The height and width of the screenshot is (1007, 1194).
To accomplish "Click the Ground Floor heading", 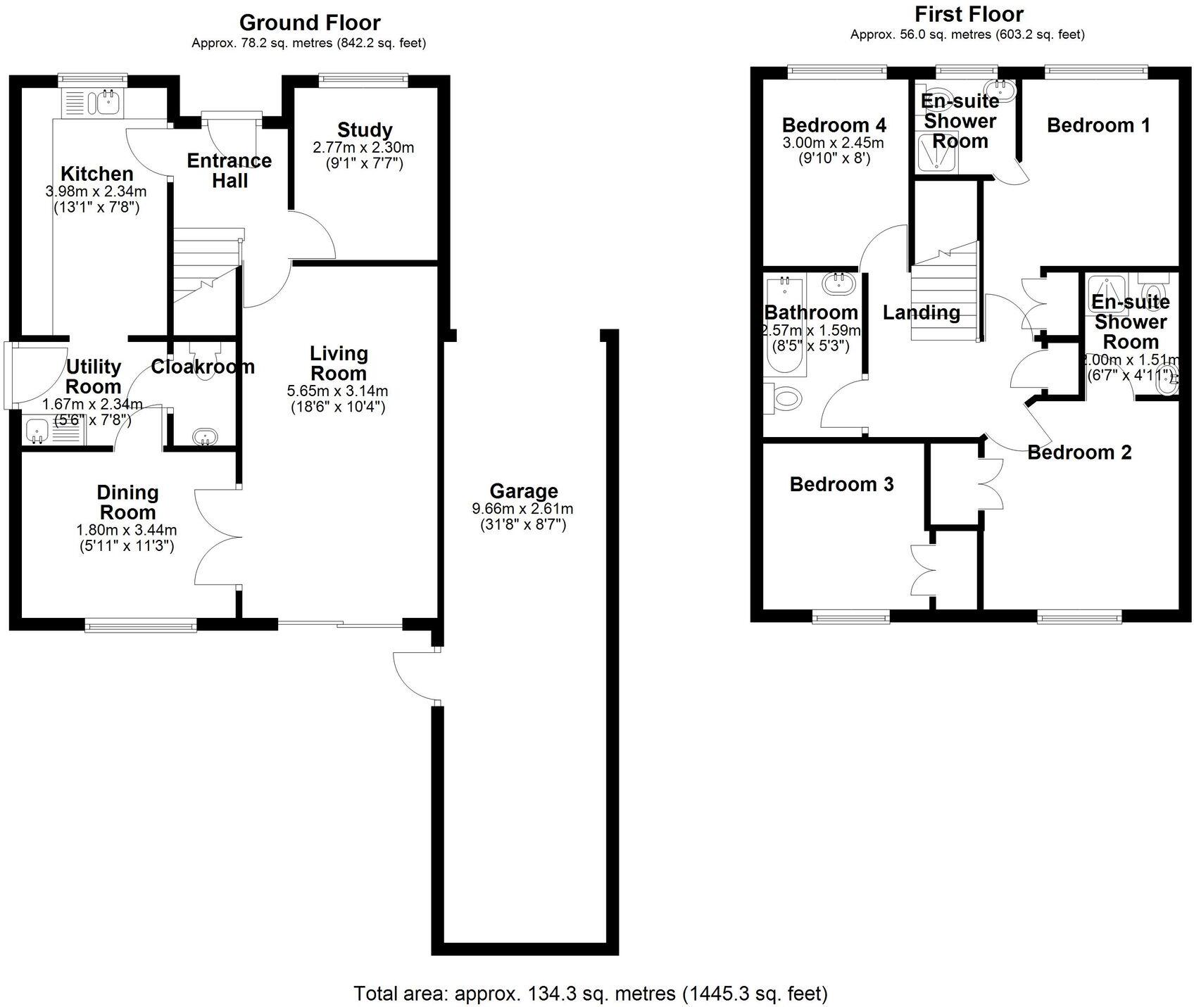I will (x=310, y=23).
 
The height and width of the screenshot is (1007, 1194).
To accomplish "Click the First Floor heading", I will (x=969, y=14).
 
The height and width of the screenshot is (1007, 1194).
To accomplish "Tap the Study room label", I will (x=364, y=130).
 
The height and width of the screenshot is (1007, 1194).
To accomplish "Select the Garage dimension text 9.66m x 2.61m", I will (x=522, y=509).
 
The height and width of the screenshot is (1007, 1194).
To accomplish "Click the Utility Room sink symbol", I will (x=35, y=431).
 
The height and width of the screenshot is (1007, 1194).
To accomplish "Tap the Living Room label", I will (x=339, y=363).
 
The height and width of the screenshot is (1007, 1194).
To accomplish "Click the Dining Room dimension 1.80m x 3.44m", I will (x=127, y=530).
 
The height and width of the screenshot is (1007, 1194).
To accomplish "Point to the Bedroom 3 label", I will (x=841, y=484).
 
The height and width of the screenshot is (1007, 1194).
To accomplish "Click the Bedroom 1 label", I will (x=1098, y=125).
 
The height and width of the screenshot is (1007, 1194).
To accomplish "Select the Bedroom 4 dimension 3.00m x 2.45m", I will (x=834, y=143).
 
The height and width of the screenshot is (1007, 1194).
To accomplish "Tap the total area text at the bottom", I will (x=590, y=993).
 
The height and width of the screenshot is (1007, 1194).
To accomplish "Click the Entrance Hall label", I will (x=229, y=170).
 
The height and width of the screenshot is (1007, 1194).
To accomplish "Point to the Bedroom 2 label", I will (x=1079, y=452).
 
